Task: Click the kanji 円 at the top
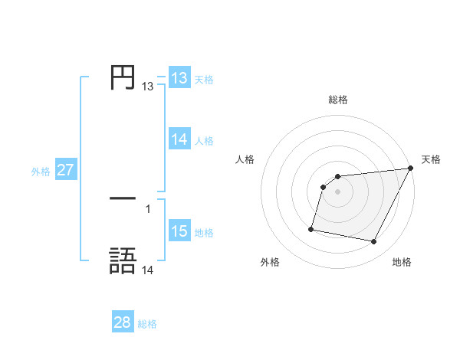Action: (x=123, y=77)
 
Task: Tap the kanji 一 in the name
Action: (x=123, y=198)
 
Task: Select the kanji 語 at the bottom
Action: (x=123, y=260)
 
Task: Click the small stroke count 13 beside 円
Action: (x=148, y=87)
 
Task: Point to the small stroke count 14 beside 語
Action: (x=148, y=270)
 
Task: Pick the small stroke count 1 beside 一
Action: (x=148, y=208)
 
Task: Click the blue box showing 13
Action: (x=179, y=78)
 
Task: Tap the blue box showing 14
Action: (x=179, y=139)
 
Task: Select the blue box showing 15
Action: (x=179, y=231)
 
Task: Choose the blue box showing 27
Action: (x=65, y=170)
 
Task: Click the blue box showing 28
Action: (x=123, y=322)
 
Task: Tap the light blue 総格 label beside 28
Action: (x=148, y=324)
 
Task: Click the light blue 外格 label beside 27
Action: (x=41, y=172)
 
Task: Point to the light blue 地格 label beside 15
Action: (x=205, y=233)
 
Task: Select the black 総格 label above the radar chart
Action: (x=338, y=100)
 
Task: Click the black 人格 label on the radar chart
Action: (x=245, y=159)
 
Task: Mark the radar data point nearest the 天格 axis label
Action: (x=411, y=169)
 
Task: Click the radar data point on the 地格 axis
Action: (x=374, y=242)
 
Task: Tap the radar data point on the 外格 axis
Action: (x=311, y=228)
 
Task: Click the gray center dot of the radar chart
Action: (x=338, y=191)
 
